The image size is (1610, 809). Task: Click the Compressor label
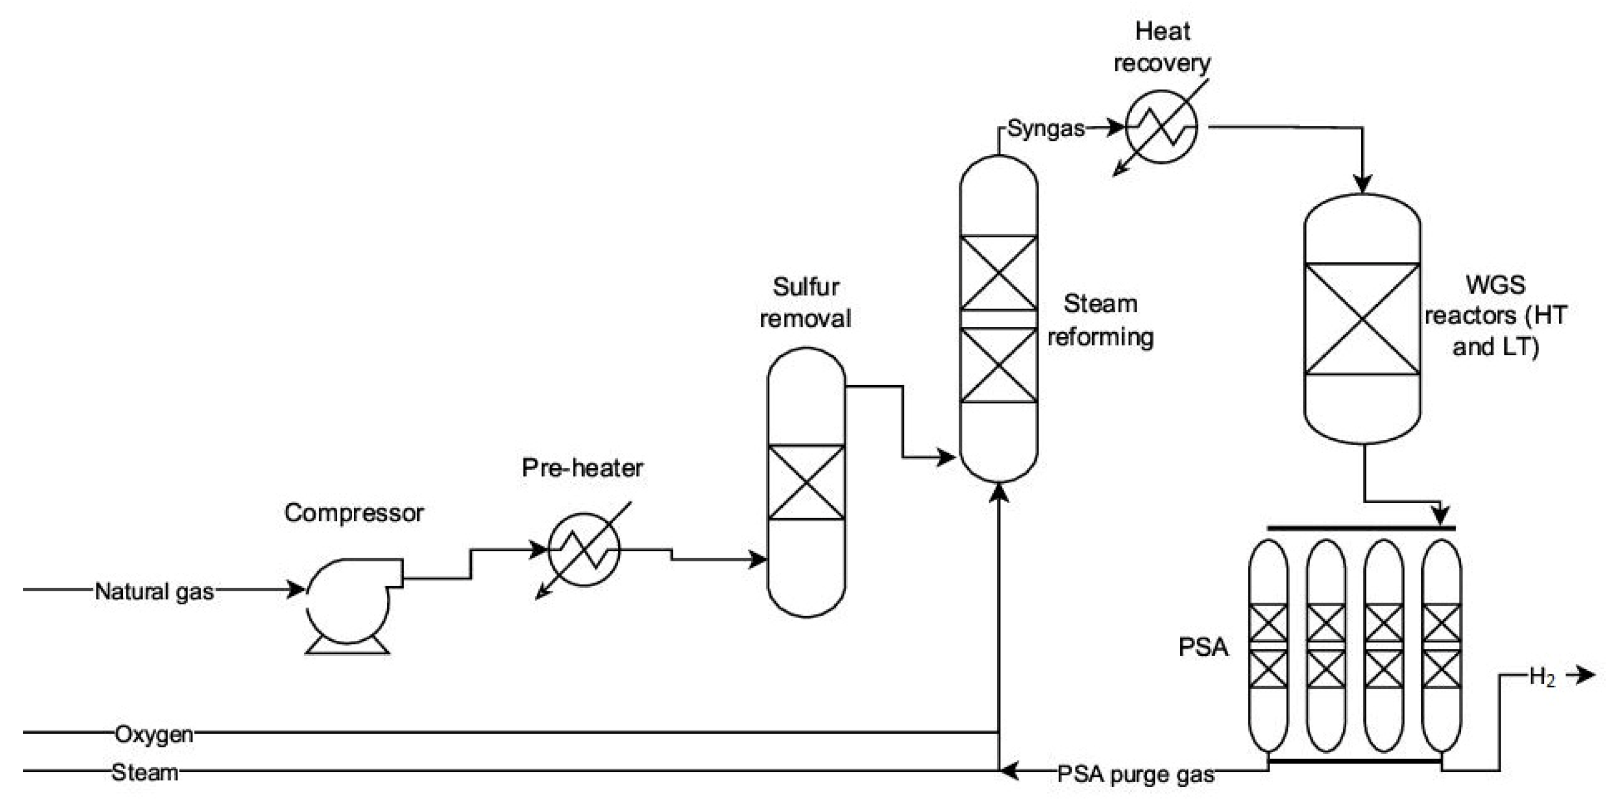tap(354, 513)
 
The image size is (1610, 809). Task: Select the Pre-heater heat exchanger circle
tap(584, 549)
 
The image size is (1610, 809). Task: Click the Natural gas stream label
tap(154, 591)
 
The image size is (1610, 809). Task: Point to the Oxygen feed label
tap(154, 734)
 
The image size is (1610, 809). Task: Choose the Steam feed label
tap(145, 773)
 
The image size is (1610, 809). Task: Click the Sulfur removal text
tap(805, 303)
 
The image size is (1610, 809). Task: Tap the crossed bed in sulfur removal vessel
tap(806, 482)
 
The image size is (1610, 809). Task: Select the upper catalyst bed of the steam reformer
tap(998, 273)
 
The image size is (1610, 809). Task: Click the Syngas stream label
tap(1045, 129)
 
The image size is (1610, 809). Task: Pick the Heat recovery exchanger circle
tap(1161, 127)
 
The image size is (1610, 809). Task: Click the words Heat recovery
tap(1162, 47)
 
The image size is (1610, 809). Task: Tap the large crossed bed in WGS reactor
tap(1362, 319)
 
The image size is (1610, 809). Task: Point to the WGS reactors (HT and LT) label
tap(1496, 316)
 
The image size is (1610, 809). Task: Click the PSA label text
tap(1203, 647)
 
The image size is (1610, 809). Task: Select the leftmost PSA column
tap(1268, 646)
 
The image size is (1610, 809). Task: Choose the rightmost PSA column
tap(1441, 646)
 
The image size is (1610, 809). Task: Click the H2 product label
tap(1542, 677)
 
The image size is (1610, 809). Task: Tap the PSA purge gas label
tap(1135, 775)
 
